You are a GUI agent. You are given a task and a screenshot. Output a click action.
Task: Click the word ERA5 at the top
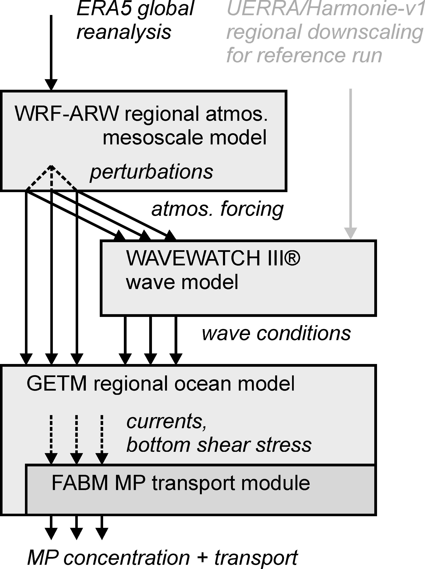104,8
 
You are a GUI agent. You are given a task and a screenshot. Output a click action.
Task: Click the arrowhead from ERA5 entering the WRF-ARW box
51,84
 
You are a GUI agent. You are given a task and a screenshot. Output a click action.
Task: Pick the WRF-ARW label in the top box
67,114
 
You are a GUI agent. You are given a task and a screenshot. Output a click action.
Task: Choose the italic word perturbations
152,172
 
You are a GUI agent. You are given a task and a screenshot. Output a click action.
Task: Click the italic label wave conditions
276,334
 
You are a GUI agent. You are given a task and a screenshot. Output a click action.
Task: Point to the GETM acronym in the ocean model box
57,383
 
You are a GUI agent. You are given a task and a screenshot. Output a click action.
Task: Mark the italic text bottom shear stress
219,445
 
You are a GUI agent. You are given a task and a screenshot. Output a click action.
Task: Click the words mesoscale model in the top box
184,138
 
